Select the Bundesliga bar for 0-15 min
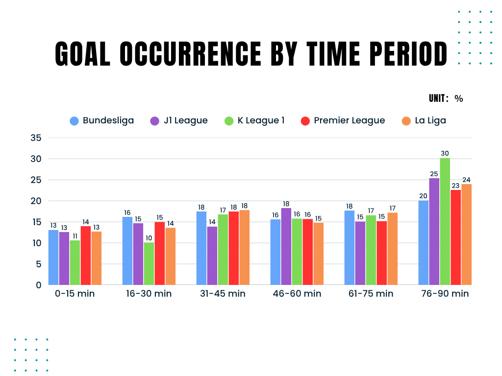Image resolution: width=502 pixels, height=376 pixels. click(x=53, y=258)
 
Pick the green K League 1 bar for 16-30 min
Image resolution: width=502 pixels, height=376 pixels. click(x=149, y=264)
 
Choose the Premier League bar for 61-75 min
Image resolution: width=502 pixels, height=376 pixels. click(x=382, y=253)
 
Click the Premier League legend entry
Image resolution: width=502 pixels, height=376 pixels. click(x=343, y=120)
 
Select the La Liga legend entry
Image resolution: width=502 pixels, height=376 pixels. click(x=424, y=120)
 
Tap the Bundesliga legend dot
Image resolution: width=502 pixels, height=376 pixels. click(x=75, y=121)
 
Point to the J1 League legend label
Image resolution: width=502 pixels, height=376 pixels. click(x=186, y=120)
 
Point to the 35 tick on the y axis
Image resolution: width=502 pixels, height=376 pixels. click(x=35, y=138)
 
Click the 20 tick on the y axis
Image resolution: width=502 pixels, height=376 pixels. click(x=35, y=201)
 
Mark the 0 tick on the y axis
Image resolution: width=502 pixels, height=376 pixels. click(x=38, y=285)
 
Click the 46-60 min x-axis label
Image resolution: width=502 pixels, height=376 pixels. click(x=297, y=294)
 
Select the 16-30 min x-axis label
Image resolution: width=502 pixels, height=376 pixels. click(x=149, y=294)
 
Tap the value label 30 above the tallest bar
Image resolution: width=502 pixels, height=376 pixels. click(x=445, y=153)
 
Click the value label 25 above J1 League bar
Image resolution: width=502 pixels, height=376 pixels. click(x=434, y=174)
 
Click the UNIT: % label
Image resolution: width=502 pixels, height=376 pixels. click(x=446, y=98)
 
